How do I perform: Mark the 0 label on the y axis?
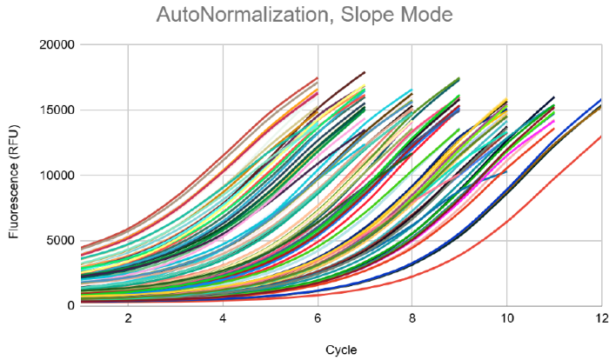coord(70,305)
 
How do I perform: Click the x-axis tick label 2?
coord(128,318)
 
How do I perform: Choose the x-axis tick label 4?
coord(223,318)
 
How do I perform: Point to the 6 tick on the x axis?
coord(318,318)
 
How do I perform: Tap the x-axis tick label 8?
coord(412,318)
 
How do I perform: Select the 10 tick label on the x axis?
coord(506,318)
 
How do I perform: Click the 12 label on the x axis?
coord(599,318)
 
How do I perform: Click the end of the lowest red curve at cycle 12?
coord(600,137)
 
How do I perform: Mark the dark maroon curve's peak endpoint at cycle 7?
coord(365,72)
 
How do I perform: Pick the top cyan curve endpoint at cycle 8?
coord(412,90)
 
